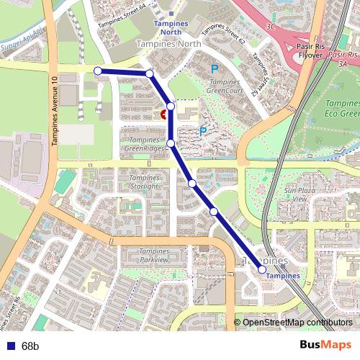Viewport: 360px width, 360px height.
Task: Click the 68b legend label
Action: tap(30, 346)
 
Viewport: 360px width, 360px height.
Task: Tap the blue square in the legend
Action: tap(9, 346)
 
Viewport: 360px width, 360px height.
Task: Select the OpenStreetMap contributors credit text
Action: tap(297, 322)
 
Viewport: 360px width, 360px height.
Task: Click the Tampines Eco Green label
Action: tap(339, 108)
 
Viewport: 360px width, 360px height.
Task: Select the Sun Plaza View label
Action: tap(296, 194)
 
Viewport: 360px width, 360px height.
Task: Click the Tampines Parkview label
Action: tap(144, 255)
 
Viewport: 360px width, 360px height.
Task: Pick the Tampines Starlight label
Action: tap(144, 182)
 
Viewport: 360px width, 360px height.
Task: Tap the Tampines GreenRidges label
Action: tap(144, 144)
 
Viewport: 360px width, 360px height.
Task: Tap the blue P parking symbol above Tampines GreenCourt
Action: tap(213, 70)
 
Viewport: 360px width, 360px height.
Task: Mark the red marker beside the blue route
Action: tap(164, 114)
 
